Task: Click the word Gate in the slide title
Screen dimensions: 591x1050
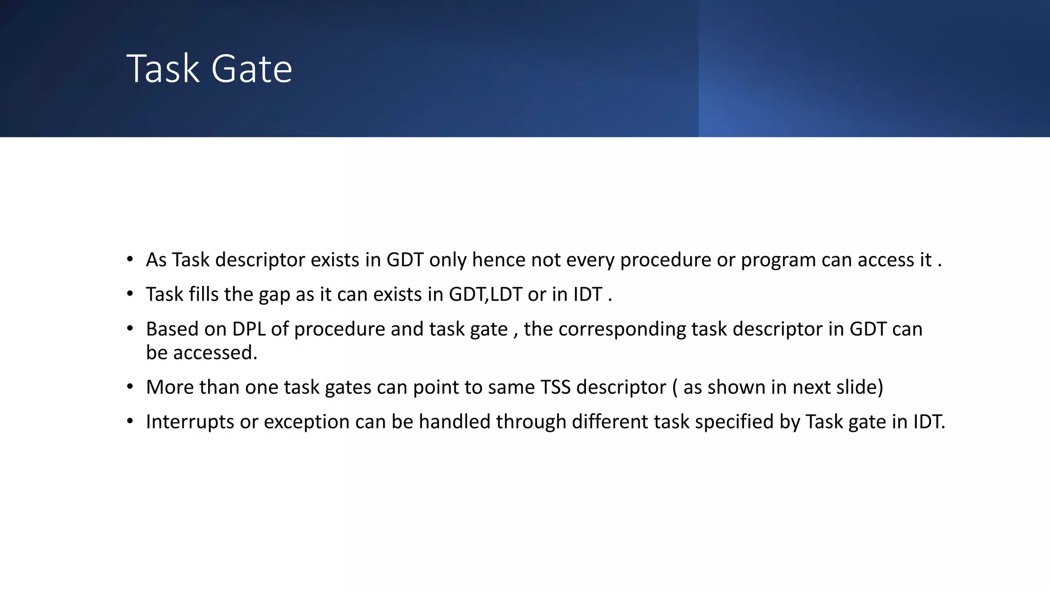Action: pos(251,69)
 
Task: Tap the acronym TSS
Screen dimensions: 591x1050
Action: pos(555,387)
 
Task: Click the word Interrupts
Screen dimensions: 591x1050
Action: pos(190,422)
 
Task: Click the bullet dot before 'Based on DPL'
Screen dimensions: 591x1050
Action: pos(130,328)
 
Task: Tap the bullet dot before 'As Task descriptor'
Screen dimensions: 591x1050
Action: pos(130,259)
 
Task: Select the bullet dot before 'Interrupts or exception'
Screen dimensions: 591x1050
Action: pos(130,421)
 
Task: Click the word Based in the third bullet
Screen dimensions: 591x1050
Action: pos(172,329)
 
